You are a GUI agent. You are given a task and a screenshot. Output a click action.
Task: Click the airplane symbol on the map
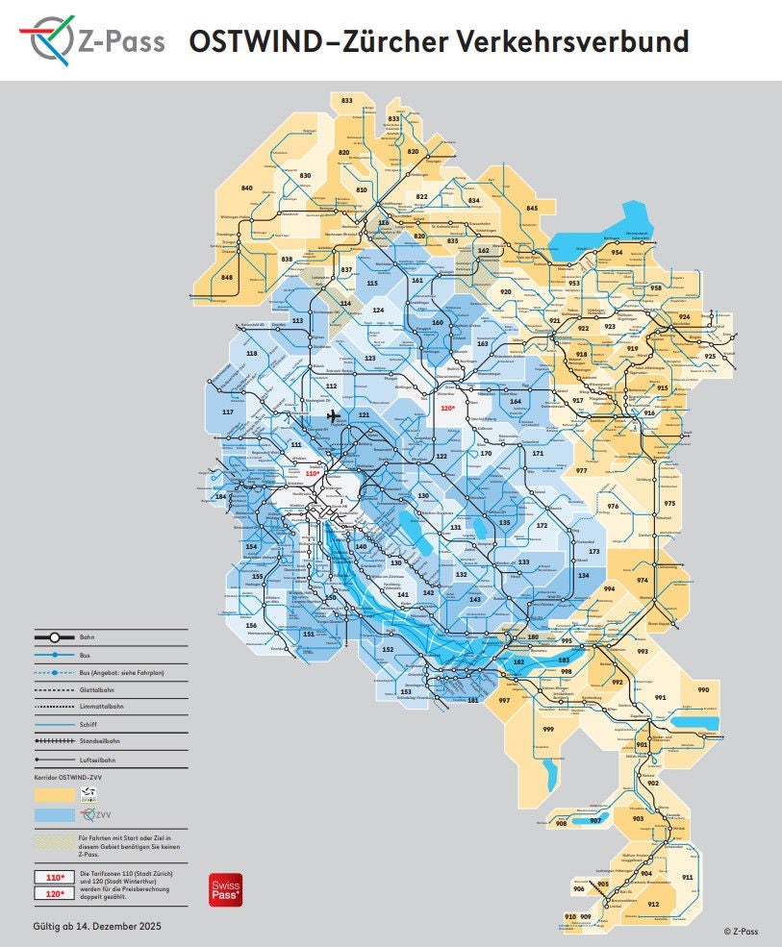(334, 416)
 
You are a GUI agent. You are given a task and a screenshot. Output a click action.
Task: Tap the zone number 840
(246, 187)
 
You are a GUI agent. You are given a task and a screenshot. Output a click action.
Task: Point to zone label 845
(532, 208)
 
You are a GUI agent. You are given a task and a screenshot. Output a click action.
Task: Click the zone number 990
(702, 690)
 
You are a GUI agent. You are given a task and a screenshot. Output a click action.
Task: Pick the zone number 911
(687, 878)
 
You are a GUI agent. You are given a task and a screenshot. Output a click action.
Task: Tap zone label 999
(548, 730)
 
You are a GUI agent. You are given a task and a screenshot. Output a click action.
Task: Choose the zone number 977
(582, 471)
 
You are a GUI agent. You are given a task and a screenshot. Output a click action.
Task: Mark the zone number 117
(228, 411)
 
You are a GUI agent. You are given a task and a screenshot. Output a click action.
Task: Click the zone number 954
(617, 252)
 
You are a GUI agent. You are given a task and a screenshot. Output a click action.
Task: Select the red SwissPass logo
(224, 890)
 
